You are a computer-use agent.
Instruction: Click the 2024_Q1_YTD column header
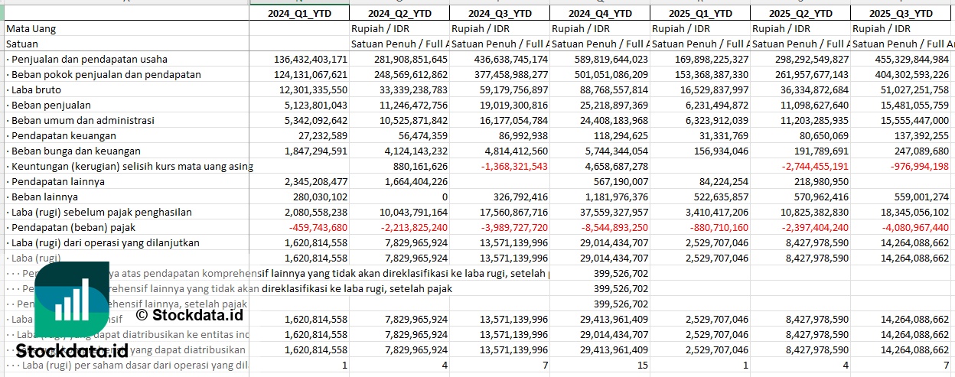pos(299,13)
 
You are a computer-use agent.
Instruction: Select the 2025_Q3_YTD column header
pos(902,13)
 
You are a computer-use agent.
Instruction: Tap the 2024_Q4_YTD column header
pos(600,13)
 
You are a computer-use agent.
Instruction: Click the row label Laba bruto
pos(37,89)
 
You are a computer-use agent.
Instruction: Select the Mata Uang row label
pos(31,28)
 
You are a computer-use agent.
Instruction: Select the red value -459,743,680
pos(313,227)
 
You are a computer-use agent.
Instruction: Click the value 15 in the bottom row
pos(642,365)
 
